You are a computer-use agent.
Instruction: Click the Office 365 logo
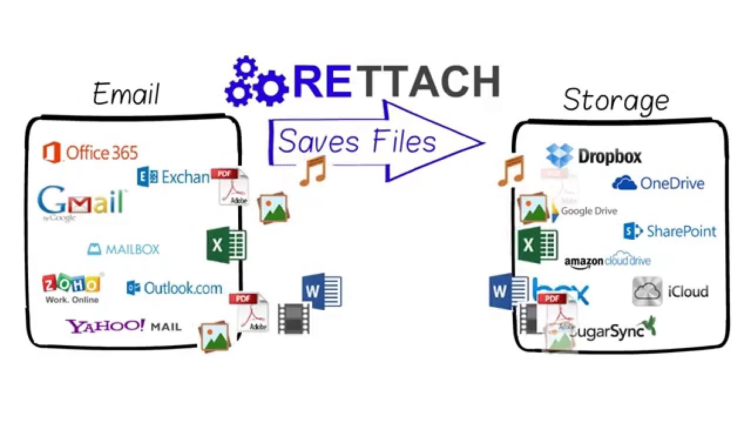pyautogui.click(x=90, y=153)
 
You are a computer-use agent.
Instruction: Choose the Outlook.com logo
pyautogui.click(x=175, y=288)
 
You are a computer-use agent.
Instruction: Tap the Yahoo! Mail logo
pyautogui.click(x=123, y=326)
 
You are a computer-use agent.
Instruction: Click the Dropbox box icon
pyautogui.click(x=559, y=155)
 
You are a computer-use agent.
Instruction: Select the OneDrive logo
pyautogui.click(x=658, y=183)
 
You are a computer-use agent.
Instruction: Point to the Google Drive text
pyautogui.click(x=589, y=211)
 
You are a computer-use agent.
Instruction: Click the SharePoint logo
pyautogui.click(x=669, y=231)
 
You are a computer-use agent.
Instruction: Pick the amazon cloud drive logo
pyautogui.click(x=607, y=260)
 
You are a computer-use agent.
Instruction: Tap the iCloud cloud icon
pyautogui.click(x=647, y=291)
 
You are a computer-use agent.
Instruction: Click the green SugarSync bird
pyautogui.click(x=649, y=325)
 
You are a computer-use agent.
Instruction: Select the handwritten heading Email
pyautogui.click(x=126, y=94)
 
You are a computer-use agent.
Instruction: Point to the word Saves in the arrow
pyautogui.click(x=321, y=142)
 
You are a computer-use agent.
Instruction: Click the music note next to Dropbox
pyautogui.click(x=510, y=171)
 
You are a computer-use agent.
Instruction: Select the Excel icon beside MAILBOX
pyautogui.click(x=226, y=245)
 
